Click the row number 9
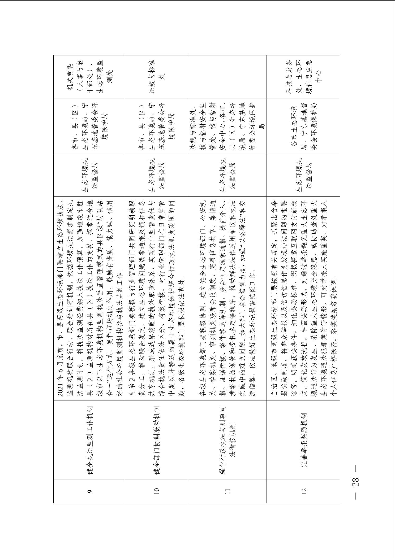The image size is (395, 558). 89,491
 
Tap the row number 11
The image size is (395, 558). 227,491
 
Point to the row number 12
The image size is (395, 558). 304,491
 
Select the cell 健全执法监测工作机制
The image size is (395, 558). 89,440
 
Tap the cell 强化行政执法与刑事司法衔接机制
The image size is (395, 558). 227,440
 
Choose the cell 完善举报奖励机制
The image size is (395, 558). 304,440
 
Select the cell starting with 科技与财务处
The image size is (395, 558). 304,77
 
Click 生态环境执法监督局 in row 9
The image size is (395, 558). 89,175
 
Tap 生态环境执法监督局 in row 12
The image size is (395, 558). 304,175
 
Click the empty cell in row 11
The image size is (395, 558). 227,77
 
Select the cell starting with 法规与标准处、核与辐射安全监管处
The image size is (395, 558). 227,126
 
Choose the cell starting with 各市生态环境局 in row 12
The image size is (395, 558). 304,126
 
